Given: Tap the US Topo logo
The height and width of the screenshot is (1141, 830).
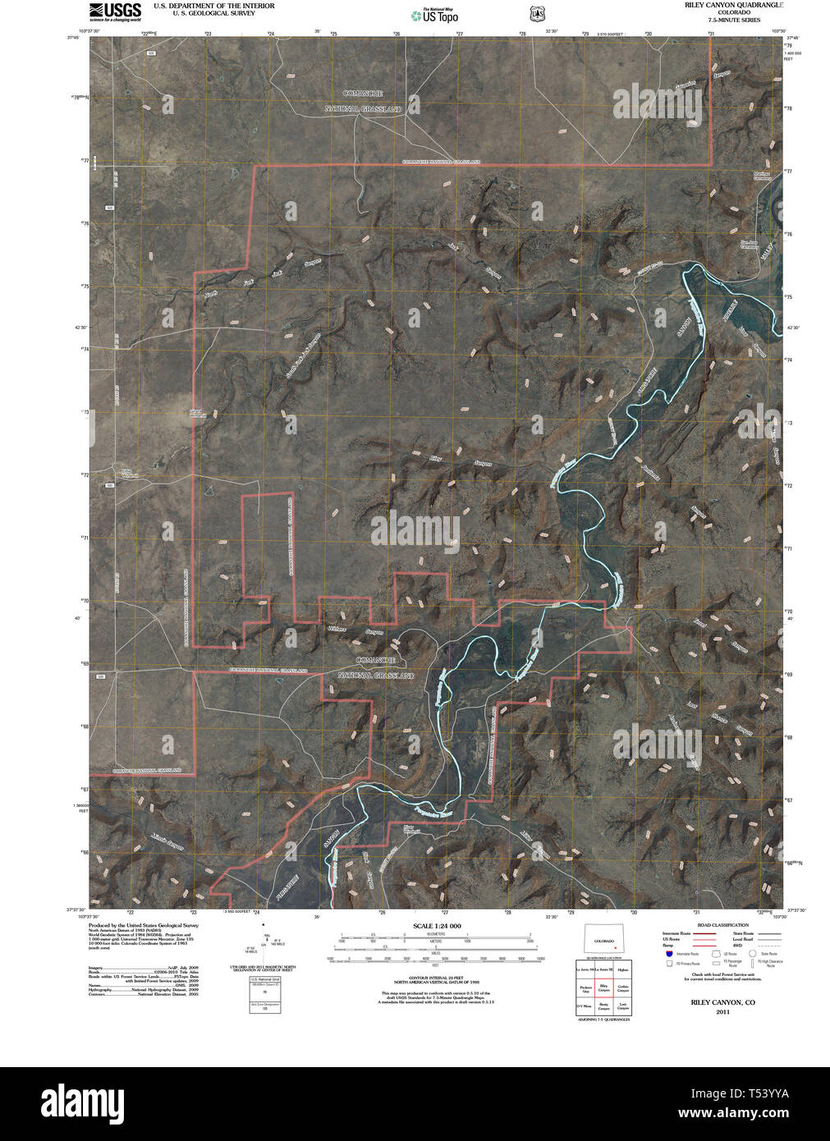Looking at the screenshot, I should (x=434, y=14).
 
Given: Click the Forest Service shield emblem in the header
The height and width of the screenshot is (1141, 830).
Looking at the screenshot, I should (x=537, y=13).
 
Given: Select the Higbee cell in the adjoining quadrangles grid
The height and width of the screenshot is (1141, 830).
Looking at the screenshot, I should (x=623, y=969).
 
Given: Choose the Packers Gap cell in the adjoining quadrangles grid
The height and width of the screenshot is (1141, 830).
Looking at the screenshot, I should (x=585, y=988).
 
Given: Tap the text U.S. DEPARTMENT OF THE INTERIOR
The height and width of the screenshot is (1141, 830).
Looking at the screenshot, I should (x=213, y=5).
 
